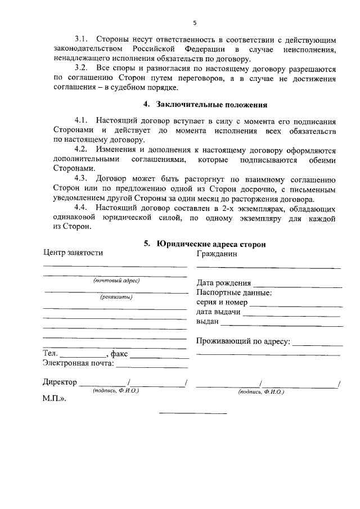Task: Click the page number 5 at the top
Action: [x=195, y=23]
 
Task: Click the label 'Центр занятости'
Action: [x=73, y=253]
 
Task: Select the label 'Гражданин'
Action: [x=217, y=253]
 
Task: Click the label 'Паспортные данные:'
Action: [x=234, y=293]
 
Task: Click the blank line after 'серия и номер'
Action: [x=295, y=304]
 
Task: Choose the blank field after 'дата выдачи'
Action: [x=292, y=314]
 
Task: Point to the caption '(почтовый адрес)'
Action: [x=116, y=280]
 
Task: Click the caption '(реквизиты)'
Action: [x=116, y=297]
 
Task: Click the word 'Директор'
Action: [x=60, y=382]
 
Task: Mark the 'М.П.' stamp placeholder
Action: [x=55, y=398]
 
